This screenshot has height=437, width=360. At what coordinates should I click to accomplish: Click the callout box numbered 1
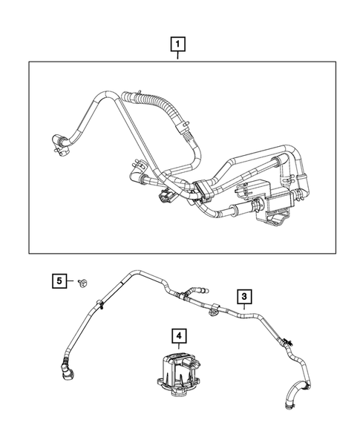178,44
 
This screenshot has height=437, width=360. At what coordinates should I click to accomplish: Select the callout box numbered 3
244,297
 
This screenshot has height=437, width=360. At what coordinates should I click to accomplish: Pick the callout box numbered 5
59,280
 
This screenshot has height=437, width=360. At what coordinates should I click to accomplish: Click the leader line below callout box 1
178,56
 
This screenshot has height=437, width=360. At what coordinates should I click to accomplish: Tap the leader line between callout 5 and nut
71,281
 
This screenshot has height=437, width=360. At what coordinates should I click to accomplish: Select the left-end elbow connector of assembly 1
59,141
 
